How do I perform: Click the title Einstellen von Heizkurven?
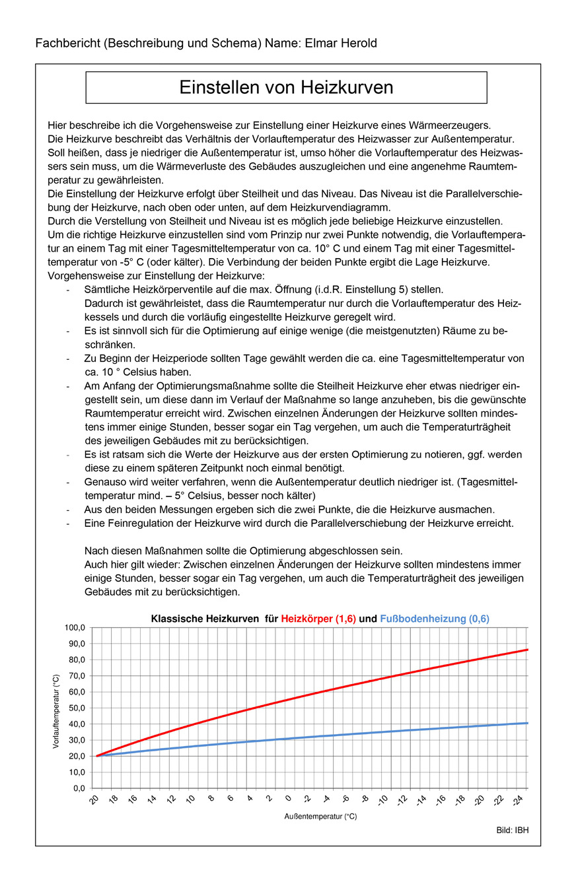(286, 88)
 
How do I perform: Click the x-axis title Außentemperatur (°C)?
(320, 817)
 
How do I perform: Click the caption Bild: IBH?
(513, 830)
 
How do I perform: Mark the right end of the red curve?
(527, 650)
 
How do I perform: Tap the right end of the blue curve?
(527, 723)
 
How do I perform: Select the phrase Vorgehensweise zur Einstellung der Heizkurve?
(156, 275)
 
